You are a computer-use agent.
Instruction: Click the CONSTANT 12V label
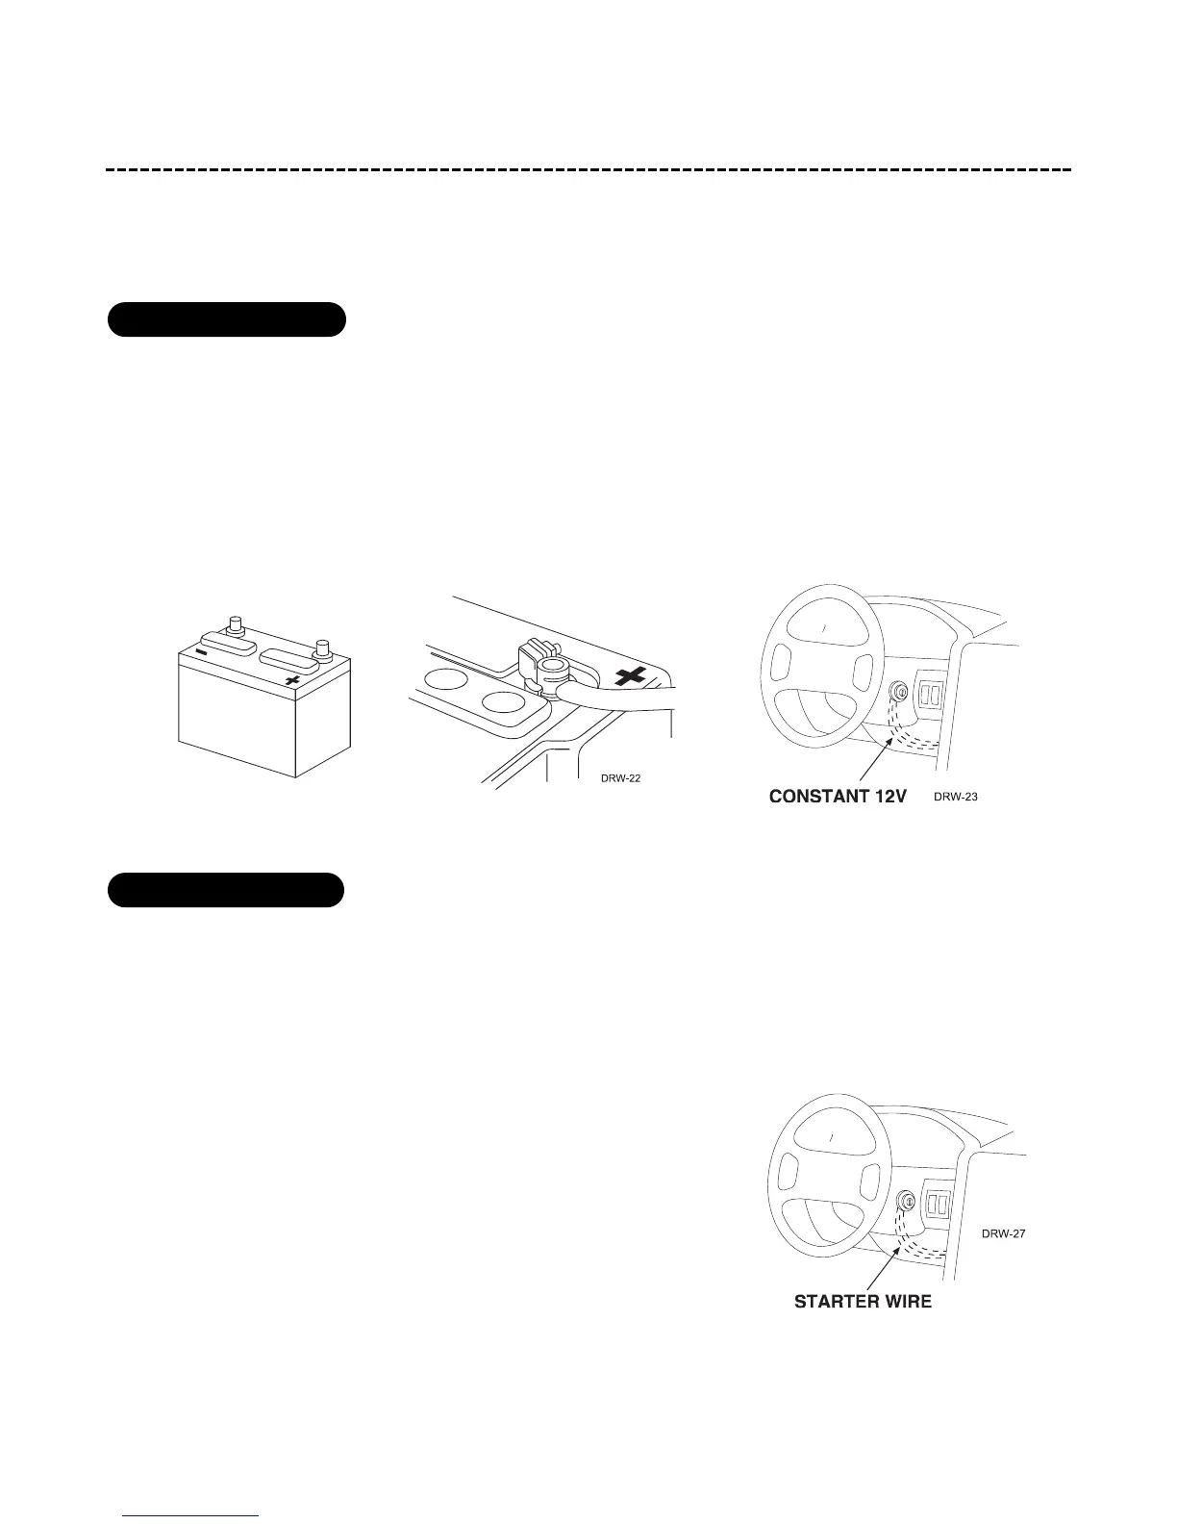tap(838, 798)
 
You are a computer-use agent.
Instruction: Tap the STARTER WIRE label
tap(863, 1303)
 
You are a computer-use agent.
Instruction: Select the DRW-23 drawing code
tap(956, 797)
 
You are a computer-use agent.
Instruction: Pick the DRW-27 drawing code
tap(1003, 1232)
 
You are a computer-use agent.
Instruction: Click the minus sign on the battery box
tap(201, 651)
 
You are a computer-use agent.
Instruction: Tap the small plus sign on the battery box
tap(293, 680)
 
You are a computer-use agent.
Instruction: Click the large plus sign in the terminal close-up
tap(631, 678)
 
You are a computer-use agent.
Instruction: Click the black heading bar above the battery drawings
tap(226, 319)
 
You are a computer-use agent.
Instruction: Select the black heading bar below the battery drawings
tap(225, 890)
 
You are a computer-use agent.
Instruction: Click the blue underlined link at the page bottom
tap(192, 1515)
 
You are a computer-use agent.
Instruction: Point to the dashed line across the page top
tap(588, 170)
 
